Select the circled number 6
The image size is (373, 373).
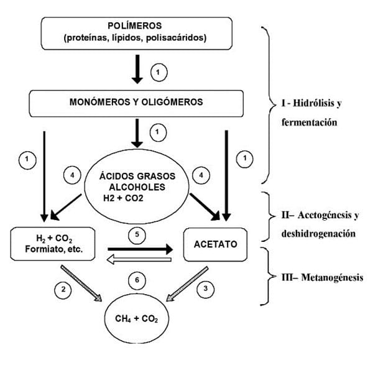[x=137, y=280]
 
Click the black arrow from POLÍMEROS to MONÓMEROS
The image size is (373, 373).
[x=137, y=70]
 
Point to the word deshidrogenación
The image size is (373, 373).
[x=318, y=234]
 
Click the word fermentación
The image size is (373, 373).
[x=309, y=122]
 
